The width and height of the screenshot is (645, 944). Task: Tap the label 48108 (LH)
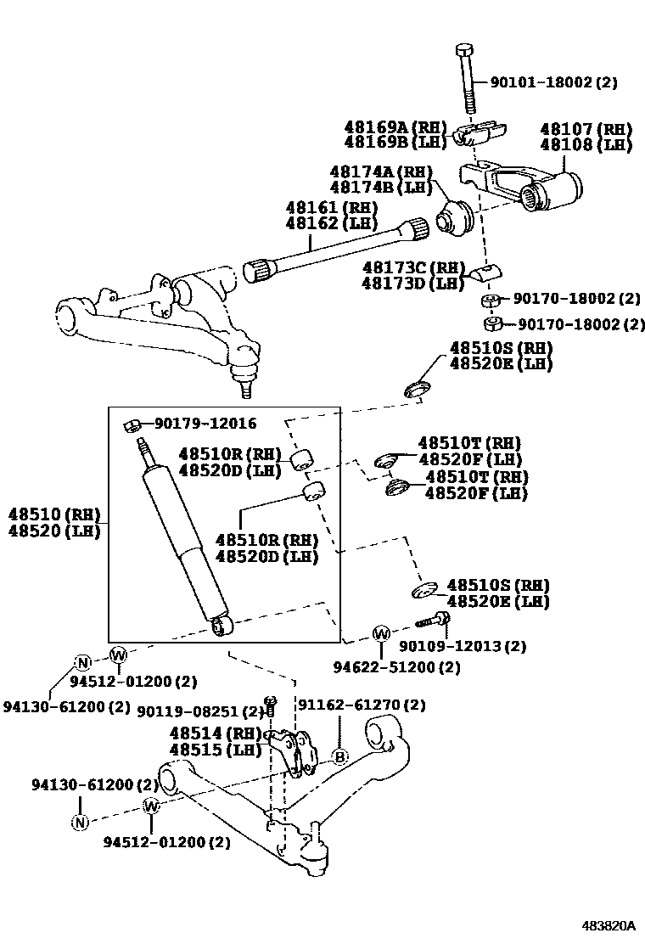coord(586,144)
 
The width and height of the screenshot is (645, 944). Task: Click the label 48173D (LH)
coord(412,283)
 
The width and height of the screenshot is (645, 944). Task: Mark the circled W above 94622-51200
coord(381,633)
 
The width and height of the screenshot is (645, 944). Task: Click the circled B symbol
coord(339,756)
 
